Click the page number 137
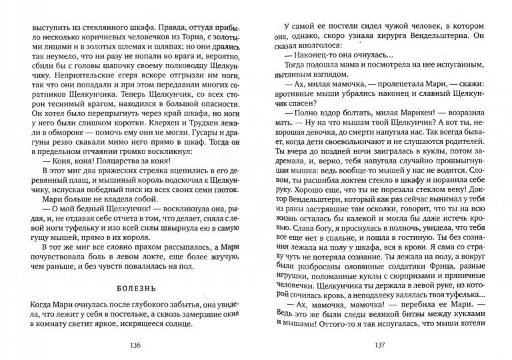[x=380, y=345]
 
